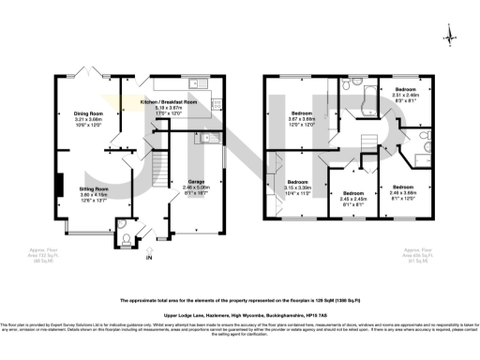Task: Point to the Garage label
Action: (195, 187)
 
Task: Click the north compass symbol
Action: (451, 37)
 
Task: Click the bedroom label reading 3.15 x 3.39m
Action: (297, 187)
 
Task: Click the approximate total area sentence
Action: (240, 300)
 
